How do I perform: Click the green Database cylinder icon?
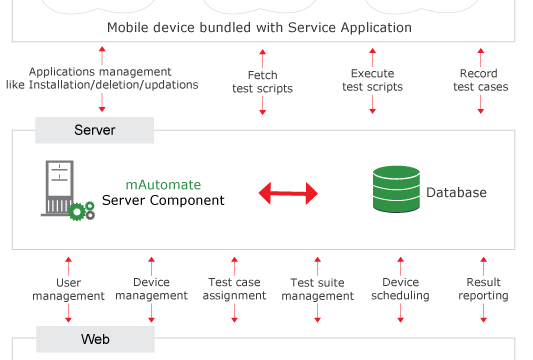[x=396, y=189]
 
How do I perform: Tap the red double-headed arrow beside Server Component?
[x=288, y=193]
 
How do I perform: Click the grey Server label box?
[x=94, y=130]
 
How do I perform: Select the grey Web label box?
[x=96, y=339]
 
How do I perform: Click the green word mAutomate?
[x=163, y=185]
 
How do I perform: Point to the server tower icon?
[x=60, y=188]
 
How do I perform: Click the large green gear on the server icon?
[x=77, y=212]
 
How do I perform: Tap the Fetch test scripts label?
[x=262, y=82]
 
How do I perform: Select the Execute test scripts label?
[x=373, y=80]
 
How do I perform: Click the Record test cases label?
[x=481, y=80]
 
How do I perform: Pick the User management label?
[x=68, y=289]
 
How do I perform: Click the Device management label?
[x=151, y=289]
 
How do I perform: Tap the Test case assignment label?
[x=235, y=289]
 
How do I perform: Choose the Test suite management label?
[x=317, y=289]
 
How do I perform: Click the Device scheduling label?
[x=400, y=289]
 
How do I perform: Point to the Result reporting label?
[x=483, y=289]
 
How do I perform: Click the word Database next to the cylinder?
[x=456, y=192]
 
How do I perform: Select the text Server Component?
[x=163, y=200]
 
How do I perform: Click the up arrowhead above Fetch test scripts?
[x=262, y=52]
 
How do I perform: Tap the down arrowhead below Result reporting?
[x=483, y=320]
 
